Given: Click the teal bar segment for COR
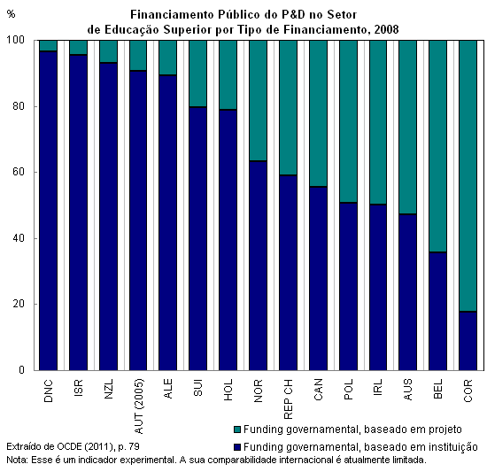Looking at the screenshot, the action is pyautogui.click(x=468, y=175).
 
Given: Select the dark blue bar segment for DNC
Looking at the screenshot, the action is pyautogui.click(x=48, y=211).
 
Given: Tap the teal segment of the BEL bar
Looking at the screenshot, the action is pyautogui.click(x=438, y=146).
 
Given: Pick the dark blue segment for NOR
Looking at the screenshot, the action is pyautogui.click(x=258, y=266).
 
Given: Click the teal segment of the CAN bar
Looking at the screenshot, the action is pyautogui.click(x=319, y=113).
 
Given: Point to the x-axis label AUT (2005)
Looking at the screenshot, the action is pyautogui.click(x=138, y=406).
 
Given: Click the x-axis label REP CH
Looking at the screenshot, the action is pyautogui.click(x=289, y=399).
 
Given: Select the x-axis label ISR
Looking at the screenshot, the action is pyautogui.click(x=79, y=387).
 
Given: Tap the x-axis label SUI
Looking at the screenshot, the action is pyautogui.click(x=198, y=387).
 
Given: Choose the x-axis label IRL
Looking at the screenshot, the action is pyautogui.click(x=378, y=387).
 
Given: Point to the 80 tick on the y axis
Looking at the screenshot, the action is pyautogui.click(x=19, y=106).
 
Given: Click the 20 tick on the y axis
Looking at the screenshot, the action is pyautogui.click(x=19, y=304).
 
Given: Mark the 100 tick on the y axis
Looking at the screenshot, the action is pyautogui.click(x=16, y=40).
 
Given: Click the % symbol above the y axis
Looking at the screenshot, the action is pyautogui.click(x=11, y=14).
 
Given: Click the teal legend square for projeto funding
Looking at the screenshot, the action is pyautogui.click(x=237, y=429).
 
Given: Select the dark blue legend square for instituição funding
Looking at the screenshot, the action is pyautogui.click(x=237, y=447).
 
